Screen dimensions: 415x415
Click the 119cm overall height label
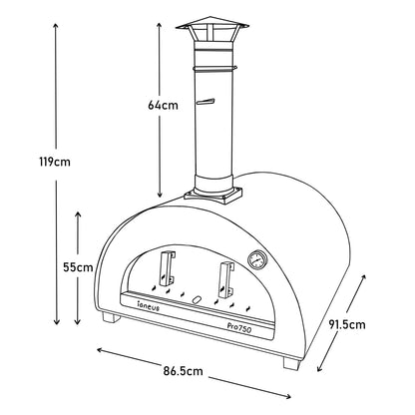[29, 160]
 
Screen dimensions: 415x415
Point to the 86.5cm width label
[186, 371]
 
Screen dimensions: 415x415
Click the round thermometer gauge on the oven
[257, 261]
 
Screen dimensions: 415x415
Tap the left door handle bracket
[166, 269]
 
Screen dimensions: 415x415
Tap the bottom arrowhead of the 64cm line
[159, 194]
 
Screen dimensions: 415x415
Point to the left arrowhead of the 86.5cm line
[100, 350]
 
